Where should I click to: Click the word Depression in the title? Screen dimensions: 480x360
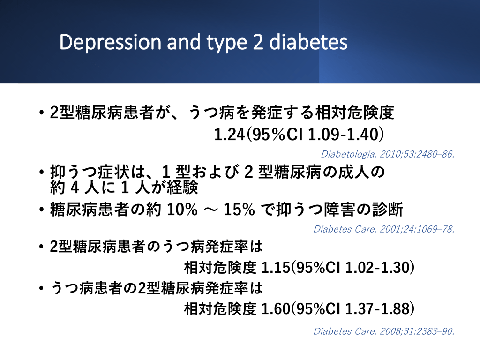(110, 42)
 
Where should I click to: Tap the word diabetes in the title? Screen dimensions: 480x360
(308, 42)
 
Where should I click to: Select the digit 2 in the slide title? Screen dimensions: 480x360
(258, 42)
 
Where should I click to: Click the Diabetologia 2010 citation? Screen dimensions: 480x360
(388, 154)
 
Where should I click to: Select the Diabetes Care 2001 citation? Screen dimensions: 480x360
(384, 229)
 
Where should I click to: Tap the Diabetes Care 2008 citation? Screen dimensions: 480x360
(384, 331)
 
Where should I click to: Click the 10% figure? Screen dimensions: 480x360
(182, 210)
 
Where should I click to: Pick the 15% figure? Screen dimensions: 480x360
(239, 210)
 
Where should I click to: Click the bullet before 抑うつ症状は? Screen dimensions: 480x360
(42, 172)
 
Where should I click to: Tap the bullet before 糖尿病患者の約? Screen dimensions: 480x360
(42, 210)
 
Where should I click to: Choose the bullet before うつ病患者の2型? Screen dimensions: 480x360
(42, 288)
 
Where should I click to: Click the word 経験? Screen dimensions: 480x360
(182, 187)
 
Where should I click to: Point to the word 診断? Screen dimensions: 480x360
(388, 210)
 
